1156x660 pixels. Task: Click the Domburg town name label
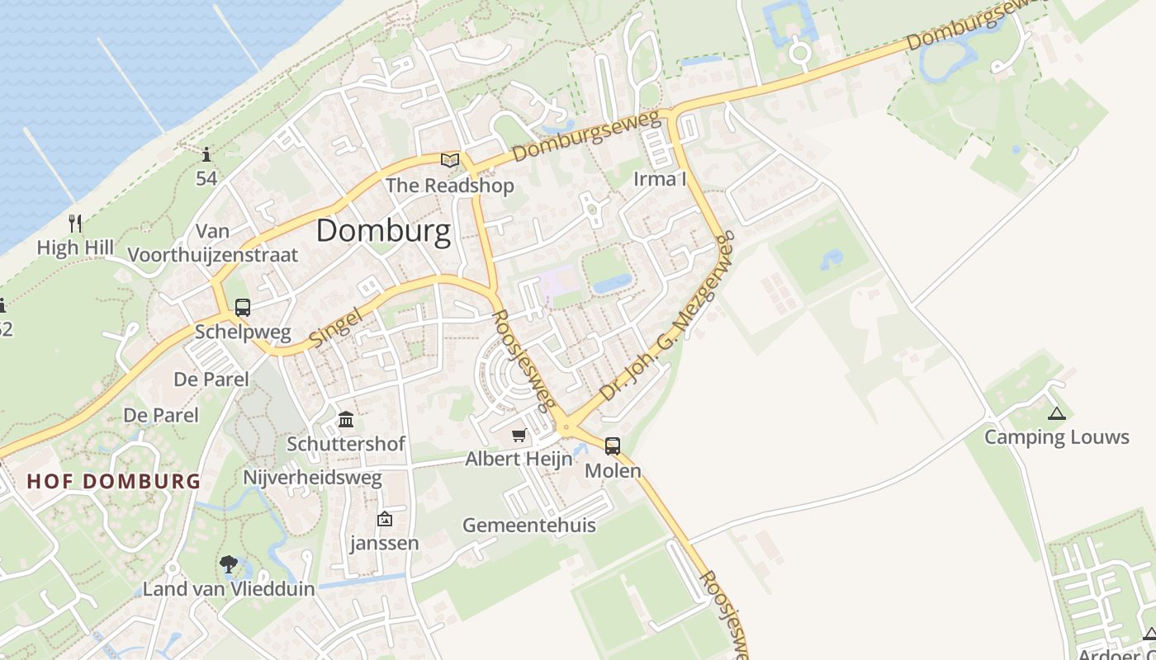pos(384,231)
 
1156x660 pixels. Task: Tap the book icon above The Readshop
pos(450,160)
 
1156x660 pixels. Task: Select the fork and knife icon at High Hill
pos(75,223)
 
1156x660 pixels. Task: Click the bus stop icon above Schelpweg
pos(243,308)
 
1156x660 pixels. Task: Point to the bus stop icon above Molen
pos(613,446)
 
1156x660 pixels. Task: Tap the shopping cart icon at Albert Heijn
pos(519,435)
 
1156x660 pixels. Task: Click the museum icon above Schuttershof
pos(346,420)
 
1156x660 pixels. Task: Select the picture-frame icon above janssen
pos(384,519)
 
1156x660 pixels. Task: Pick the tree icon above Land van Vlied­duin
pos(229,564)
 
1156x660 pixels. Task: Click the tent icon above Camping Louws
pos(1056,413)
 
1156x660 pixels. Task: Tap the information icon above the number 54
pos(206,154)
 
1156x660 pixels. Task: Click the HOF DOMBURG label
pos(114,481)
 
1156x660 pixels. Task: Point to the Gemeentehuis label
pos(528,526)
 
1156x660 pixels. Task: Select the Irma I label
pos(660,178)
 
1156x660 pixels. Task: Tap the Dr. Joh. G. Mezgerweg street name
pos(667,318)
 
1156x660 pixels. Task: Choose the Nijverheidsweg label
pos(312,478)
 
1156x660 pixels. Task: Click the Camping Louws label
pos(1056,437)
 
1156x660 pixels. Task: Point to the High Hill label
pos(75,247)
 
